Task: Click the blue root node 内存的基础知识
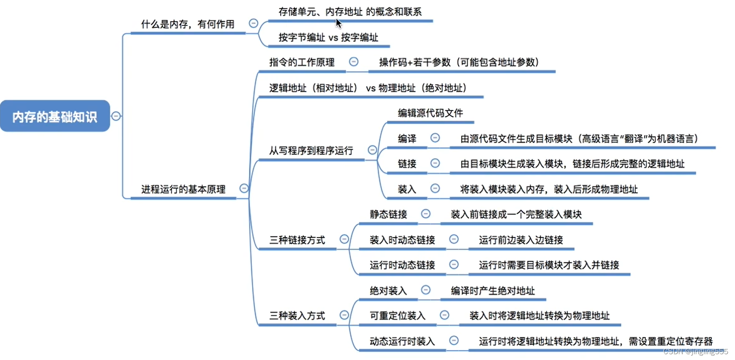pos(55,116)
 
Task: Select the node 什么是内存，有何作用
pos(188,24)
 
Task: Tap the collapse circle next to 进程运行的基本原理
pos(244,188)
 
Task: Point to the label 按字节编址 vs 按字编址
pos(328,38)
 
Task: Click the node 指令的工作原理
pos(302,62)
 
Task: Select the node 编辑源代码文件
pos(430,113)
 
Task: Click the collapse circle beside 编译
pos(435,138)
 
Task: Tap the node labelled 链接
pos(407,164)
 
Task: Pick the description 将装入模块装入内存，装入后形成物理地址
pos(549,189)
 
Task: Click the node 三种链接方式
pos(297,240)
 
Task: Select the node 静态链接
pos(388,215)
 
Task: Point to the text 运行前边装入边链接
pos(520,240)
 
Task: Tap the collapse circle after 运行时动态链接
pos(454,265)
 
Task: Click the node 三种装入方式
pos(297,316)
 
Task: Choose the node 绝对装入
pos(388,291)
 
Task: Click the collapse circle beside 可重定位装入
pos(444,315)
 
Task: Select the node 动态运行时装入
pos(402,342)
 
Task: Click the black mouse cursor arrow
pos(338,23)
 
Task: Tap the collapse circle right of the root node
pos(116,116)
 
